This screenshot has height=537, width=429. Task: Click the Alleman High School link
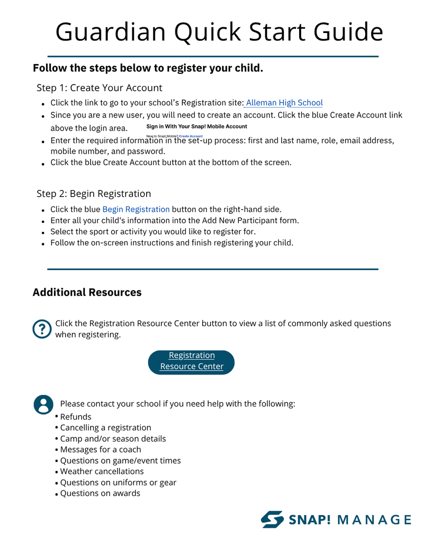(x=284, y=103)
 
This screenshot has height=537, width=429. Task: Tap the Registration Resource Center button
(x=191, y=361)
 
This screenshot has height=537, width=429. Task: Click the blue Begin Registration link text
(x=136, y=209)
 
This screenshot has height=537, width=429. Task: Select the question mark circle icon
(x=42, y=329)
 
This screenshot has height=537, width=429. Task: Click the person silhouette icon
(x=43, y=405)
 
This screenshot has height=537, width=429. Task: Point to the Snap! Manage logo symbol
(x=272, y=519)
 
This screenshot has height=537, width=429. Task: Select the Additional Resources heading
(x=87, y=292)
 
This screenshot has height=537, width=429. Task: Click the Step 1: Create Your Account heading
(x=100, y=88)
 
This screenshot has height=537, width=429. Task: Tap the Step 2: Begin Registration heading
(x=94, y=194)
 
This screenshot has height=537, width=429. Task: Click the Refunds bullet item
(x=75, y=417)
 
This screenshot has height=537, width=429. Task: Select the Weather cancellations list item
(x=102, y=471)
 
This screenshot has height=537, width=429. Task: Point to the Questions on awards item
(x=100, y=493)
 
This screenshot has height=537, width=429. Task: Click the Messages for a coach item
(x=100, y=449)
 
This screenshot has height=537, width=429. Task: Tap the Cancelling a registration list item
(x=105, y=428)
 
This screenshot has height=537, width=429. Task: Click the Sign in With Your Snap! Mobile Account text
(x=196, y=126)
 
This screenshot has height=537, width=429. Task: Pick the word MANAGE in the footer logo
(x=374, y=520)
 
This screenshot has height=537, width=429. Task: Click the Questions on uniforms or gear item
(x=118, y=482)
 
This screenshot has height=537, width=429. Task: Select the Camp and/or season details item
(x=113, y=439)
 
